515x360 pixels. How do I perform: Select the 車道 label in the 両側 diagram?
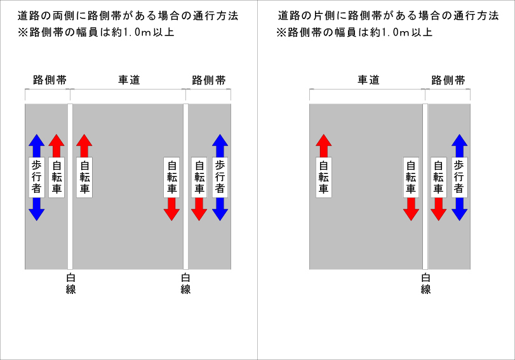(129, 80)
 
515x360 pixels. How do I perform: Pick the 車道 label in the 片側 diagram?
(368, 80)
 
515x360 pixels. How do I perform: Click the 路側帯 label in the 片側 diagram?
(448, 80)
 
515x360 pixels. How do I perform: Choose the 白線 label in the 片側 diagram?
(425, 283)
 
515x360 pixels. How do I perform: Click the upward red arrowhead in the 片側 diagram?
(324, 141)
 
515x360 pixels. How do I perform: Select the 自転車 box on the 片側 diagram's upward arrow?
(324, 177)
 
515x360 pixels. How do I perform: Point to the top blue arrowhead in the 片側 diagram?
(460, 141)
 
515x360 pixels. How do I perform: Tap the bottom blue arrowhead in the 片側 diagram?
(460, 213)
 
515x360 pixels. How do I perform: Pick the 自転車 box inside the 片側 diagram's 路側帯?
(438, 177)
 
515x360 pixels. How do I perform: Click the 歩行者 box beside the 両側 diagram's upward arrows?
(36, 177)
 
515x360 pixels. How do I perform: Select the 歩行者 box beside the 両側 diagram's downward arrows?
(220, 177)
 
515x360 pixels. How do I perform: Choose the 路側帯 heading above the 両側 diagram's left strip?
(50, 80)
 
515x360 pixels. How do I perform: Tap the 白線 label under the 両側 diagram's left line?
(70, 283)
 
